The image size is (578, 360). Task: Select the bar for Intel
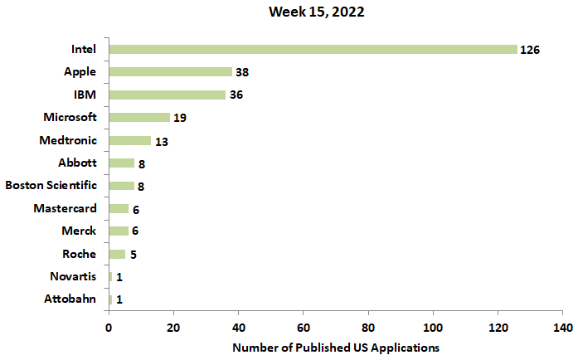click(x=313, y=50)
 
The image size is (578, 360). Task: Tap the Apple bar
click(x=170, y=72)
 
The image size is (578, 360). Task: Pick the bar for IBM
click(x=167, y=95)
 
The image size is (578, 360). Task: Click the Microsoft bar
click(x=139, y=118)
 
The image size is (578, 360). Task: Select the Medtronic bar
click(x=129, y=140)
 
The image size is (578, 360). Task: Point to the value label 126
click(x=530, y=50)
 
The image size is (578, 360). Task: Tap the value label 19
click(x=179, y=118)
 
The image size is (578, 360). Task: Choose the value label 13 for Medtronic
click(x=161, y=141)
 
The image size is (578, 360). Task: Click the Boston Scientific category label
click(x=51, y=186)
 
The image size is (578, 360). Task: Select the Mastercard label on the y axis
click(x=65, y=208)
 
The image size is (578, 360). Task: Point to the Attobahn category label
click(x=70, y=299)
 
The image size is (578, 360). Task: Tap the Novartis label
click(x=72, y=276)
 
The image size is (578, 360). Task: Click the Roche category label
click(x=79, y=254)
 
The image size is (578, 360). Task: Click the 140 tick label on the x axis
click(x=562, y=328)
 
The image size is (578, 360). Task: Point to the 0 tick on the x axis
click(x=109, y=328)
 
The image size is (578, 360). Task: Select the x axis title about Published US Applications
click(x=336, y=346)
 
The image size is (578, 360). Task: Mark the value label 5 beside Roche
click(x=133, y=254)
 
